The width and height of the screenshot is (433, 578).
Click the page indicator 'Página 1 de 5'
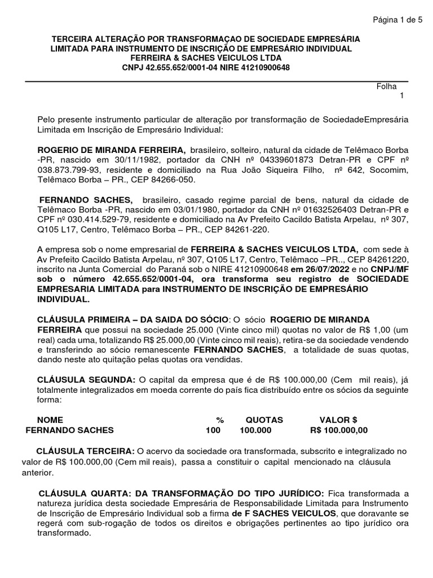397,20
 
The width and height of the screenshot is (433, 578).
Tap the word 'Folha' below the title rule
386,86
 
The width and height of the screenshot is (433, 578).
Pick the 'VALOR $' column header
338,421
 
